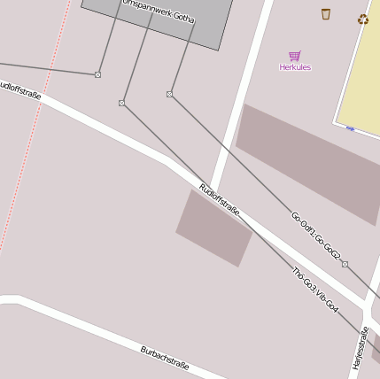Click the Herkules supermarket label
point(295,67)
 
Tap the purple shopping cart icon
point(295,56)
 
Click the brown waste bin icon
point(326,13)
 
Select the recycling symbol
point(362,19)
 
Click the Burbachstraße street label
point(165,359)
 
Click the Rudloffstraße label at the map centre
point(220,199)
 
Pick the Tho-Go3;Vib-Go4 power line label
point(315,290)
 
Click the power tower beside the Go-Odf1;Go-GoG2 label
point(345,264)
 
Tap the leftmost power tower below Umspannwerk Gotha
point(97,74)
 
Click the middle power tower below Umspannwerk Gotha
point(121,104)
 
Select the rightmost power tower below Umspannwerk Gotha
point(169,94)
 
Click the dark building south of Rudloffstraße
point(214,227)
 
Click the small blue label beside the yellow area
point(350,129)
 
